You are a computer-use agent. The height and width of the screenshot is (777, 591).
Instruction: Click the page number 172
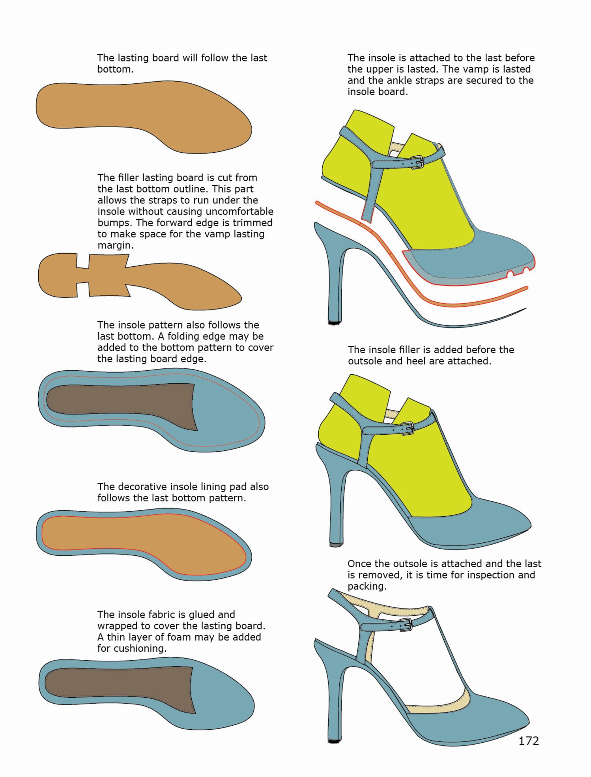[x=528, y=741]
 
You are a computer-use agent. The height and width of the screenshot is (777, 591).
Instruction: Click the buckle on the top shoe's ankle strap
[x=418, y=162]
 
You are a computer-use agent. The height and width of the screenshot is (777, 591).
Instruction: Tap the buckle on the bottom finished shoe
[x=406, y=625]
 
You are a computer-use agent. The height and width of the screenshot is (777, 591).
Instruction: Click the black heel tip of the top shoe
[x=334, y=322]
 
